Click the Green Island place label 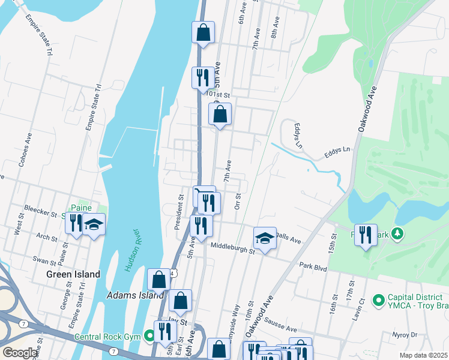tap(73, 274)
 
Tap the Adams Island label tap(135, 295)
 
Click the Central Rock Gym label tap(107, 337)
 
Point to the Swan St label tap(44, 260)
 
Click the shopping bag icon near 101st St tap(220, 113)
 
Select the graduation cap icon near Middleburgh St tap(264, 238)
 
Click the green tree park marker tap(396, 233)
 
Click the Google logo tap(20, 353)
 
